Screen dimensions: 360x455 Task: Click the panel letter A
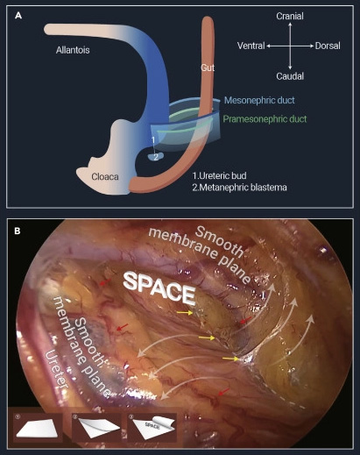coord(18,16)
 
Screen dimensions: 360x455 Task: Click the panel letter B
coord(18,231)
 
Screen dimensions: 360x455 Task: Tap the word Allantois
coord(73,50)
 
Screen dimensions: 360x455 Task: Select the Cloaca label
coord(105,176)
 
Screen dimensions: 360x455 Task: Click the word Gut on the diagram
coord(208,68)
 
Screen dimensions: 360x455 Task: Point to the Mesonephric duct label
coord(259,100)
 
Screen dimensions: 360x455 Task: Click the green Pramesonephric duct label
coord(265,119)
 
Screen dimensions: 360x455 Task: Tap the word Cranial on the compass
coord(290,16)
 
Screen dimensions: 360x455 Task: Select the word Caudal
coord(290,76)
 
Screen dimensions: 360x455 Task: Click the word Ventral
coord(251,46)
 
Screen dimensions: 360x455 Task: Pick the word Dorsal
coord(328,46)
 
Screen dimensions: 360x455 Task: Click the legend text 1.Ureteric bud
coord(219,175)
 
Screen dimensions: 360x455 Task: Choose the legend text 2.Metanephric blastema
coord(239,187)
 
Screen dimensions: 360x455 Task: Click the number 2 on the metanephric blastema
coord(156,157)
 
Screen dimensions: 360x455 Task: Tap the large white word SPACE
coord(159,288)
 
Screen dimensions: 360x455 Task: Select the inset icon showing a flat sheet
coord(39,427)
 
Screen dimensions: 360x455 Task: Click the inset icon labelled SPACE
coord(152,427)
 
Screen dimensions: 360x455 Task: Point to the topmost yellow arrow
coord(185,313)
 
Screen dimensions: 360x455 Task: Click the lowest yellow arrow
coord(230,359)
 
